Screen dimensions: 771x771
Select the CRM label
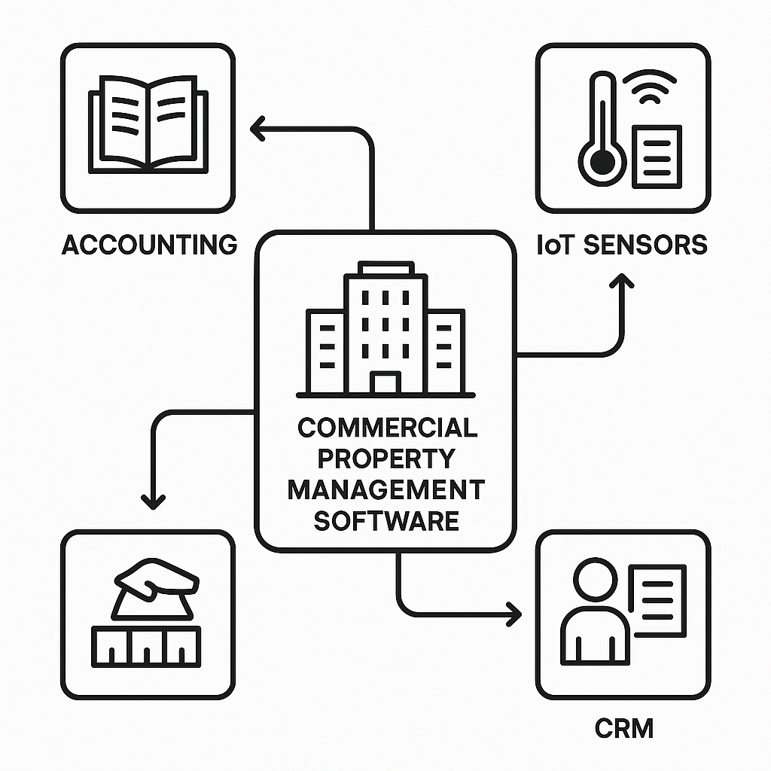click(x=624, y=728)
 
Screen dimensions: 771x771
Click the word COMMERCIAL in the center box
click(x=387, y=428)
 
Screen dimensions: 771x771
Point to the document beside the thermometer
click(x=657, y=156)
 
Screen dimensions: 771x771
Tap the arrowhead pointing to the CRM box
click(x=515, y=614)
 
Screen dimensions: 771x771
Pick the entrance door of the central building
click(x=385, y=382)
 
